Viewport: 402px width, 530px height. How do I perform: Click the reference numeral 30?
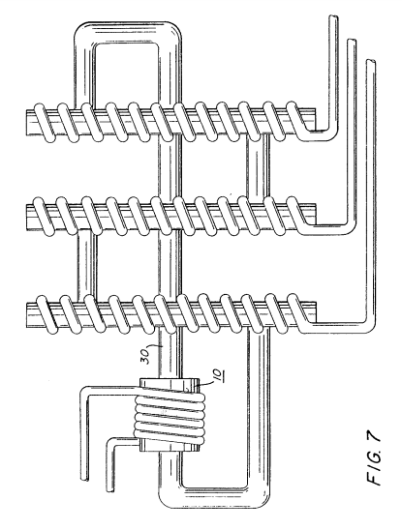point(146,355)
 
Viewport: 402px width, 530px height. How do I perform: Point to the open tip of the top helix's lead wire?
point(333,16)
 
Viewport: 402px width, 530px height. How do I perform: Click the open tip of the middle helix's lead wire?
point(352,41)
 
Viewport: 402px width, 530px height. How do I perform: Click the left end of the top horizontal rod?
point(27,123)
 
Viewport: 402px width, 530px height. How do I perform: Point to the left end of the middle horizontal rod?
point(27,218)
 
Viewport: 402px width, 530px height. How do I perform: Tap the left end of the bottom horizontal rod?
point(27,315)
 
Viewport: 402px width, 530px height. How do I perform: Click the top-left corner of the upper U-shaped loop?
point(80,31)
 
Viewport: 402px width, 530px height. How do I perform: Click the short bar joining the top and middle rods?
point(258,169)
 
